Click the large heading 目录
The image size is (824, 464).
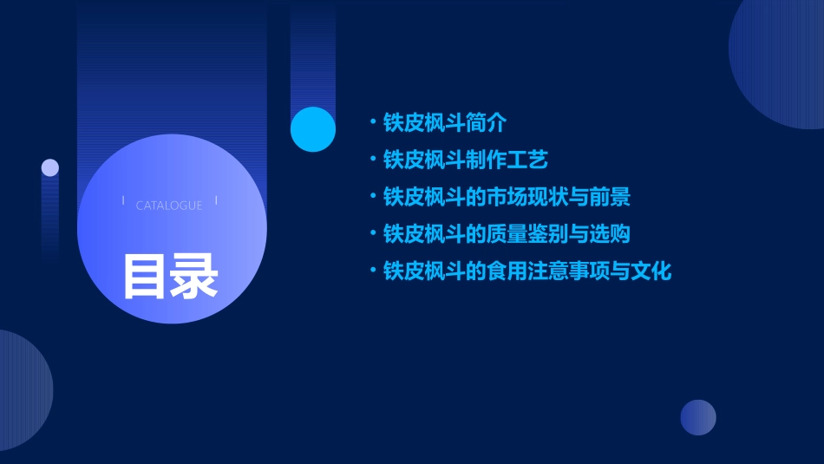pyautogui.click(x=170, y=276)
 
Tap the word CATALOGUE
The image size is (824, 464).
pyautogui.click(x=169, y=206)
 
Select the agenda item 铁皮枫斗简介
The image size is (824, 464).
pyautogui.click(x=444, y=123)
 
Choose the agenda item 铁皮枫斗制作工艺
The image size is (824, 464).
pyautogui.click(x=465, y=160)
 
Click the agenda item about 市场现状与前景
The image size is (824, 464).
pyautogui.click(x=506, y=197)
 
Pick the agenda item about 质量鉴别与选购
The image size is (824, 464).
pyautogui.click(x=506, y=234)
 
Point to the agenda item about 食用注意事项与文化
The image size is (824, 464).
pyautogui.click(x=526, y=271)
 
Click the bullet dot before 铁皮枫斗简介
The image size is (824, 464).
pyautogui.click(x=372, y=122)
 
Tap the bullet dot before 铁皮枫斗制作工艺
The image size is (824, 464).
pyautogui.click(x=372, y=160)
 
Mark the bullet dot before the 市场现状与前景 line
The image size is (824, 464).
pyautogui.click(x=372, y=196)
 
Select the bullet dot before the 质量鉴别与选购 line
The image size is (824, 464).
pyautogui.click(x=372, y=233)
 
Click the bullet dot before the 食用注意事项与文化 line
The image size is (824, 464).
pyautogui.click(x=372, y=271)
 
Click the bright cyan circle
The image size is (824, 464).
pyautogui.click(x=313, y=129)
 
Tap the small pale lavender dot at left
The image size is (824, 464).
pyautogui.click(x=50, y=167)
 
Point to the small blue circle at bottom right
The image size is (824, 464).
pyautogui.click(x=698, y=417)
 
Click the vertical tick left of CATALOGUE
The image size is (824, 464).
pyautogui.click(x=123, y=200)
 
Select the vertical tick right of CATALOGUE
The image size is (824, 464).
pyautogui.click(x=216, y=200)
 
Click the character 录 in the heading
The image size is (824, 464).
pyautogui.click(x=194, y=276)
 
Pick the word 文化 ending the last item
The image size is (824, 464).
pyautogui.click(x=651, y=271)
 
